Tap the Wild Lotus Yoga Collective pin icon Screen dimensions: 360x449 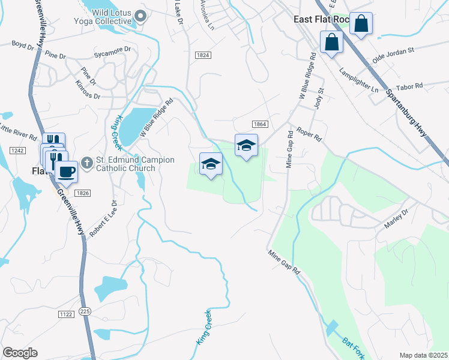tap(141, 16)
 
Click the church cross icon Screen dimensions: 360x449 tap(86, 163)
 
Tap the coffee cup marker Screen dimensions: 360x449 tap(66, 172)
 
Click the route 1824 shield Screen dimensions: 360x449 tap(203, 55)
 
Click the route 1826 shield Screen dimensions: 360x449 tap(82, 193)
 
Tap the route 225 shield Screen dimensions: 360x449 tap(85, 311)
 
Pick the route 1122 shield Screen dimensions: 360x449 tap(66, 314)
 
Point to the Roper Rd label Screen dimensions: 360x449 tap(310, 135)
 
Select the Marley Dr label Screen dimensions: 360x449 tap(396, 218)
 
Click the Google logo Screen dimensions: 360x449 tap(20, 353)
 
